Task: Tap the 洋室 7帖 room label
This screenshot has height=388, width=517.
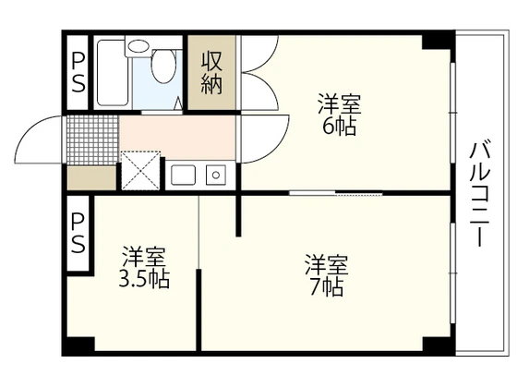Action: (x=326, y=275)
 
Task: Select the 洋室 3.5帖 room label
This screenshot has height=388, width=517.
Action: (x=145, y=267)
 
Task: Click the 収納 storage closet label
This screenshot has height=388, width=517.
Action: (x=211, y=72)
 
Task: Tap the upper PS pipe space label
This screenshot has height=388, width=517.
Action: (x=78, y=72)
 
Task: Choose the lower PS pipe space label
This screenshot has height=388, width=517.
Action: (x=78, y=234)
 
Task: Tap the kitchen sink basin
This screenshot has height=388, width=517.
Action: (x=183, y=174)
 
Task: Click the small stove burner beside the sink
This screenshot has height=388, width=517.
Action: (x=216, y=174)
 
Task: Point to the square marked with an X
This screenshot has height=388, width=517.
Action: (x=140, y=169)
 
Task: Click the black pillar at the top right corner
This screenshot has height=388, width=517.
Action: (x=439, y=41)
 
